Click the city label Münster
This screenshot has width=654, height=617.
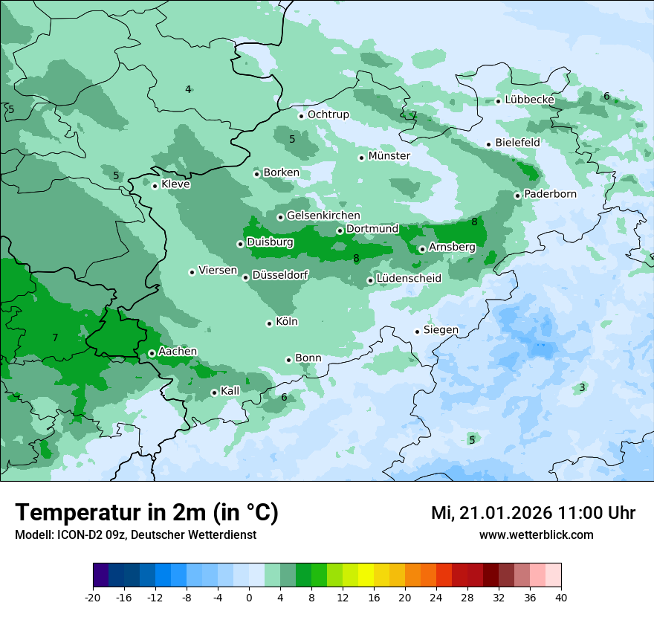pyautogui.click(x=389, y=156)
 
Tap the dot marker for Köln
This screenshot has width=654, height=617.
pyautogui.click(x=269, y=323)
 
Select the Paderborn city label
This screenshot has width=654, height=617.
pyautogui.click(x=550, y=194)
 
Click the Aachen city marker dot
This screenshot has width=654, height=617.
pyautogui.click(x=152, y=354)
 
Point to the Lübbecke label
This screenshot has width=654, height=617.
pyautogui.click(x=529, y=100)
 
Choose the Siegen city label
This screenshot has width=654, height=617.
pyautogui.click(x=441, y=330)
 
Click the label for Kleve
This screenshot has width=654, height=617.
pyautogui.click(x=175, y=184)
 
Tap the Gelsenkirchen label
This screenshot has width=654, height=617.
pyautogui.click(x=323, y=216)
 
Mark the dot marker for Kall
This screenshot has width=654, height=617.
pyautogui.click(x=214, y=393)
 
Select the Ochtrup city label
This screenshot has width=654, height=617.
pyautogui.click(x=328, y=114)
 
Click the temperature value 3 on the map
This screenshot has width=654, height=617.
pyautogui.click(x=582, y=387)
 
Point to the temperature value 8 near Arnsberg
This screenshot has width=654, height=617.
pyautogui.click(x=474, y=222)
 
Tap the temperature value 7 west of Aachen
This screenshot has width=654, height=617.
pyautogui.click(x=55, y=338)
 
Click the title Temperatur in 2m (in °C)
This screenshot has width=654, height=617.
pyautogui.click(x=146, y=513)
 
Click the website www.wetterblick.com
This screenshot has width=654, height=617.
pyautogui.click(x=536, y=535)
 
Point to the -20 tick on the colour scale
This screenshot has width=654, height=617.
pyautogui.click(x=93, y=597)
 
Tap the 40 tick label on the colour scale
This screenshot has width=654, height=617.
pyautogui.click(x=561, y=597)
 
